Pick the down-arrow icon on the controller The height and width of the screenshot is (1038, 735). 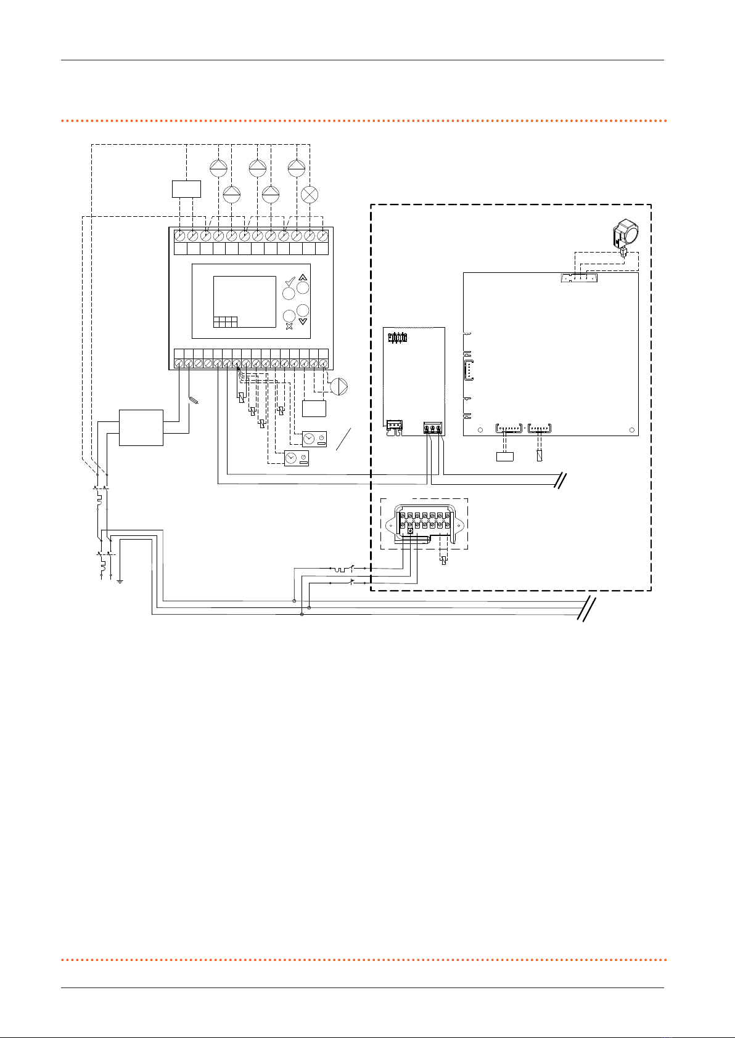[x=302, y=321]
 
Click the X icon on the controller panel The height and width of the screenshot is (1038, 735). [x=289, y=326]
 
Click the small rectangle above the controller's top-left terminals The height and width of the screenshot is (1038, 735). [x=186, y=189]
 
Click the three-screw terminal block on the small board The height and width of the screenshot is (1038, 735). [x=433, y=428]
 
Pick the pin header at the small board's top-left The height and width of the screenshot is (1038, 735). [x=398, y=338]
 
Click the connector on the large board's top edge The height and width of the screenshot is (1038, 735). [x=578, y=278]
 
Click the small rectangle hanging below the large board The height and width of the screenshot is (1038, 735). [x=504, y=456]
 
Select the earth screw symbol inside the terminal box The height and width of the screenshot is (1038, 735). [x=410, y=530]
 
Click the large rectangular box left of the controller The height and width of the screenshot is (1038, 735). [x=141, y=428]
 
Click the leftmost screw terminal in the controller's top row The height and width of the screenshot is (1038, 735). [x=179, y=235]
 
